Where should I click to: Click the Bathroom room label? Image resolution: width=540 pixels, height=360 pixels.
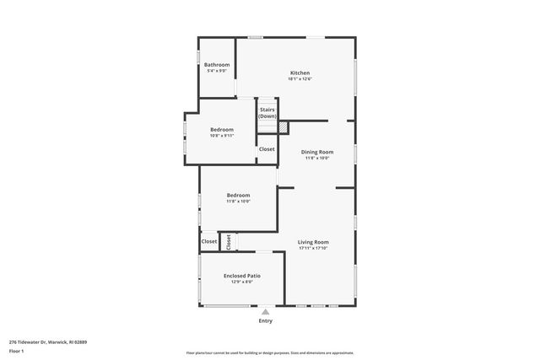tap(217, 64)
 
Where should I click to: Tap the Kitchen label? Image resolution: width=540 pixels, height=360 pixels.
tap(300, 73)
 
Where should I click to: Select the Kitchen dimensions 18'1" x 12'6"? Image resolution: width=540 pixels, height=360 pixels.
tap(300, 79)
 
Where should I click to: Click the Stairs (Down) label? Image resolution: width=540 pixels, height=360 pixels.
tap(267, 113)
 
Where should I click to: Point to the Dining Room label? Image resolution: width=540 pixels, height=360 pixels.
tap(317, 152)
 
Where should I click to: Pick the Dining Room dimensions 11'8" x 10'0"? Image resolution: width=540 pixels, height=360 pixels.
tap(317, 159)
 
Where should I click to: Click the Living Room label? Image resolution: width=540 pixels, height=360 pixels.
tap(313, 242)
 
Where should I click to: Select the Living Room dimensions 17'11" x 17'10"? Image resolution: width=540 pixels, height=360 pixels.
tap(313, 249)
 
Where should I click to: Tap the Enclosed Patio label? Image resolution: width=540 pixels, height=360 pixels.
tap(241, 276)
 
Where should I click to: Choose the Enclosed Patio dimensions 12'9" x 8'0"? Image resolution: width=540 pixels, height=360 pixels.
tap(241, 282)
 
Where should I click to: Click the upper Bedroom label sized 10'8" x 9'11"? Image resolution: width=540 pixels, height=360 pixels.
tap(222, 129)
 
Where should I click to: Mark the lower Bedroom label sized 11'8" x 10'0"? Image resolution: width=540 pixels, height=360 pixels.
tap(238, 196)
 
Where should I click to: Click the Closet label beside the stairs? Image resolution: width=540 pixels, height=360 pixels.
tap(267, 149)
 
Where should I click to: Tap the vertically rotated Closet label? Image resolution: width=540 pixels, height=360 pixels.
tap(228, 242)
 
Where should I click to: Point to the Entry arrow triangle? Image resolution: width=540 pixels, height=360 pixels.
tap(265, 312)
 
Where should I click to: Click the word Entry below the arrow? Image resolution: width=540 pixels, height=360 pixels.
tap(265, 321)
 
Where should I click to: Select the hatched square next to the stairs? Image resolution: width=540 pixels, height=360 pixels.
tap(283, 127)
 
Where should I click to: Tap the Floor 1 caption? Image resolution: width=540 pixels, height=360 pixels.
tap(16, 350)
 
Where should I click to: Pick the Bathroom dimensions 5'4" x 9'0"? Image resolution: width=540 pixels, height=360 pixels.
tap(217, 71)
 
